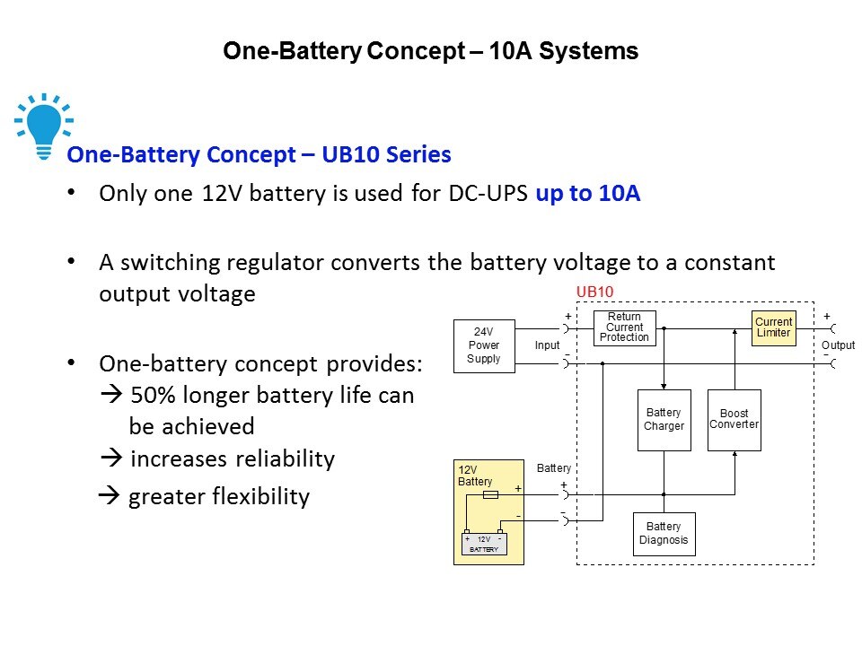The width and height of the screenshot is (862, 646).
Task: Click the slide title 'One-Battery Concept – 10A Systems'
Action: pyautogui.click(x=430, y=51)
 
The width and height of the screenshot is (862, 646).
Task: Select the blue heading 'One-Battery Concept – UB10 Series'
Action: pyautogui.click(x=259, y=155)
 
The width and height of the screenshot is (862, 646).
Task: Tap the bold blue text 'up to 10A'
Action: pyautogui.click(x=587, y=194)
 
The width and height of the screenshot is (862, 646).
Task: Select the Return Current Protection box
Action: pyautogui.click(x=624, y=327)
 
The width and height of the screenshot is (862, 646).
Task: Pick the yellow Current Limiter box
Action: pyautogui.click(x=773, y=327)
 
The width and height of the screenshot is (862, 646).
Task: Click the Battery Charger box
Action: pyautogui.click(x=664, y=420)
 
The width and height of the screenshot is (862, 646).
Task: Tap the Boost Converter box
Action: pyautogui.click(x=734, y=419)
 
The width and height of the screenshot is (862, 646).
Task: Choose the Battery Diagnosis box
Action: pyautogui.click(x=664, y=534)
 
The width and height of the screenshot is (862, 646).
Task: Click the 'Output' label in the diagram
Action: pyautogui.click(x=839, y=345)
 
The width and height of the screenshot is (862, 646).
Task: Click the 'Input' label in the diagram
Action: pyautogui.click(x=547, y=345)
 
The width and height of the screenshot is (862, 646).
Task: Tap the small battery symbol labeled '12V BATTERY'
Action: pyautogui.click(x=483, y=544)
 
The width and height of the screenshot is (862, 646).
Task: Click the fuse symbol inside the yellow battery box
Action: pyautogui.click(x=491, y=494)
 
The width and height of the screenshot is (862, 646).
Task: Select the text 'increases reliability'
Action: pyautogui.click(x=233, y=459)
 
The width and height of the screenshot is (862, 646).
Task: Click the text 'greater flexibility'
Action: pyautogui.click(x=219, y=497)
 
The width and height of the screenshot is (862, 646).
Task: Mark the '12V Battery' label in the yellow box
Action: pyautogui.click(x=475, y=476)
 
